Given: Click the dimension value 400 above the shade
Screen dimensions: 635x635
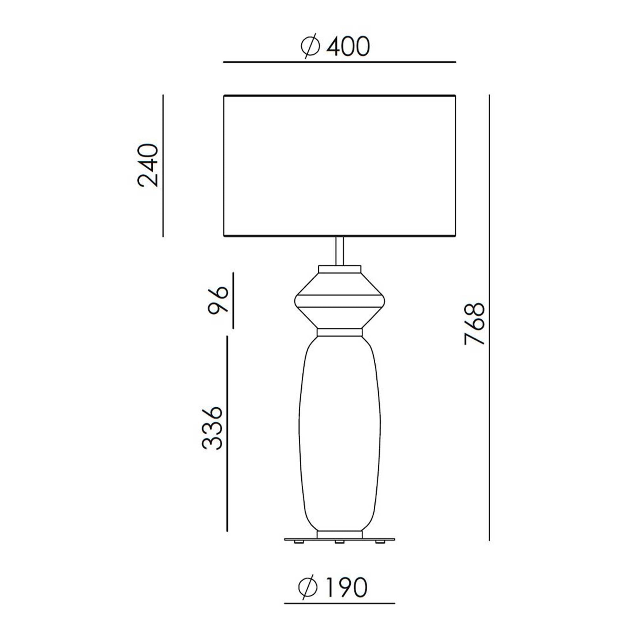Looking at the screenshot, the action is click(x=348, y=47).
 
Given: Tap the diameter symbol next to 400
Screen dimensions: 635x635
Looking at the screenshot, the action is click(x=310, y=46).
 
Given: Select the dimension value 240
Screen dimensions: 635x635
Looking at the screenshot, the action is click(x=148, y=165).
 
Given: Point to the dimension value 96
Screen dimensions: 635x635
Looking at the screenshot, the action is click(x=218, y=300).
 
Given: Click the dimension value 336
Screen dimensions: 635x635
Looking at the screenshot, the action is click(x=212, y=428).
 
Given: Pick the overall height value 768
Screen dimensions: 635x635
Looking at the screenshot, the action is click(x=475, y=324).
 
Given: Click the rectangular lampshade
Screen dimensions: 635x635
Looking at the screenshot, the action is click(x=339, y=166).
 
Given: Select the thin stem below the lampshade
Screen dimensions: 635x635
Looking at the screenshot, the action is click(x=339, y=251).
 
